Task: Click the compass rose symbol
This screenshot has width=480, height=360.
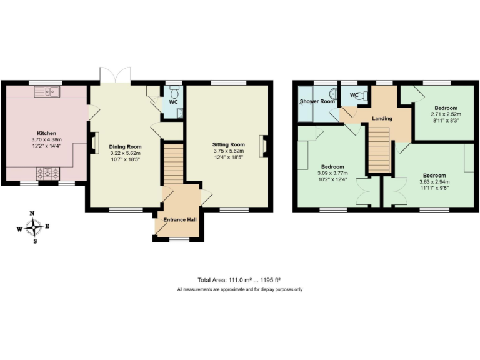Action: point(35,227)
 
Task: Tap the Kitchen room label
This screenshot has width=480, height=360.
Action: point(47,133)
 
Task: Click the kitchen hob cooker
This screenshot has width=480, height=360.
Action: point(48,172)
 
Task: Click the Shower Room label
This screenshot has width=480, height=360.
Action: point(317,101)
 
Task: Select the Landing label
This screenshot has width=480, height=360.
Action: point(382,118)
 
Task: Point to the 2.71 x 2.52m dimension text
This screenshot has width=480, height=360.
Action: point(446,114)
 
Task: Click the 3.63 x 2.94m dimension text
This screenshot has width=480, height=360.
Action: point(434,182)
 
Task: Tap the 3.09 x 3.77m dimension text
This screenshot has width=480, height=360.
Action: point(332,174)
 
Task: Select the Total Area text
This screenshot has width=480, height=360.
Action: point(240,281)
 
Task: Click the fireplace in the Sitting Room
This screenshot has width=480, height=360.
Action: point(266,145)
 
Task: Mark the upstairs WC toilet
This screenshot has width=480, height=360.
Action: point(362,95)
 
